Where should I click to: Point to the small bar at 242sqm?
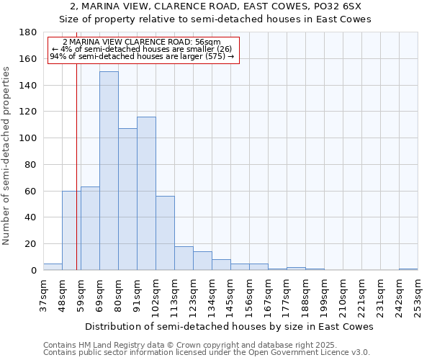click(408, 269)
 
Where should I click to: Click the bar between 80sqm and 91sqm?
click(127, 199)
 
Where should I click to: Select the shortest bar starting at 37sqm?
click(53, 267)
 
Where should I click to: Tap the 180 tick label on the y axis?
click(29, 32)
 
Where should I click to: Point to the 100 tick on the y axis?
click(29, 138)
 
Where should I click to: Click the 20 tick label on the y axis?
click(32, 244)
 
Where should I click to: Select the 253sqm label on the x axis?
click(418, 296)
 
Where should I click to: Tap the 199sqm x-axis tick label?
click(324, 296)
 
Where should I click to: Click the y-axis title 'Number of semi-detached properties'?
click(8, 156)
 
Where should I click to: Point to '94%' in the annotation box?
click(58, 56)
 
